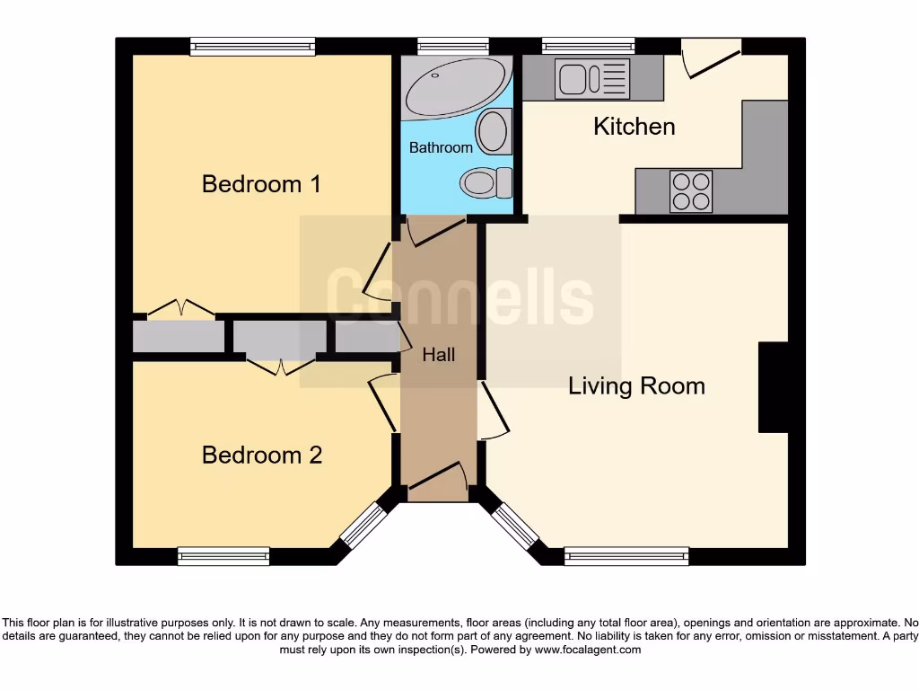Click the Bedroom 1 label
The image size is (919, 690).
pyautogui.click(x=261, y=184)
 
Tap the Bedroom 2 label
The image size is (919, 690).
pyautogui.click(x=261, y=455)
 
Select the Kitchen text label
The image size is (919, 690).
pyautogui.click(x=634, y=126)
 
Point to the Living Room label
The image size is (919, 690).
pyautogui.click(x=636, y=386)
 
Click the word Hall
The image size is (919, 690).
pyautogui.click(x=438, y=355)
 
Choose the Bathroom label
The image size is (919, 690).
pyautogui.click(x=441, y=147)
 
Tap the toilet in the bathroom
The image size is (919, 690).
pyautogui.click(x=484, y=184)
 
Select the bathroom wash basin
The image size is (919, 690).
pyautogui.click(x=494, y=131)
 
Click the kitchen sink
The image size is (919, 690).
pyautogui.click(x=592, y=78)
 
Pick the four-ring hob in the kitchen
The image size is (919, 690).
pyautogui.click(x=690, y=190)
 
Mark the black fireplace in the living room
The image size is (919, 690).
pyautogui.click(x=773, y=387)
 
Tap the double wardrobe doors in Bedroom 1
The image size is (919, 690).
pyautogui.click(x=181, y=308)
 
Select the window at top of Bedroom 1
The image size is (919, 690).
pyautogui.click(x=252, y=46)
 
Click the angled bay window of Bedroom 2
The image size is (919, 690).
pyautogui.click(x=363, y=526)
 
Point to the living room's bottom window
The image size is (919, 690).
pyautogui.click(x=626, y=556)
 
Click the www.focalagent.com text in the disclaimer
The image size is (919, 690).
pyautogui.click(x=588, y=650)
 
